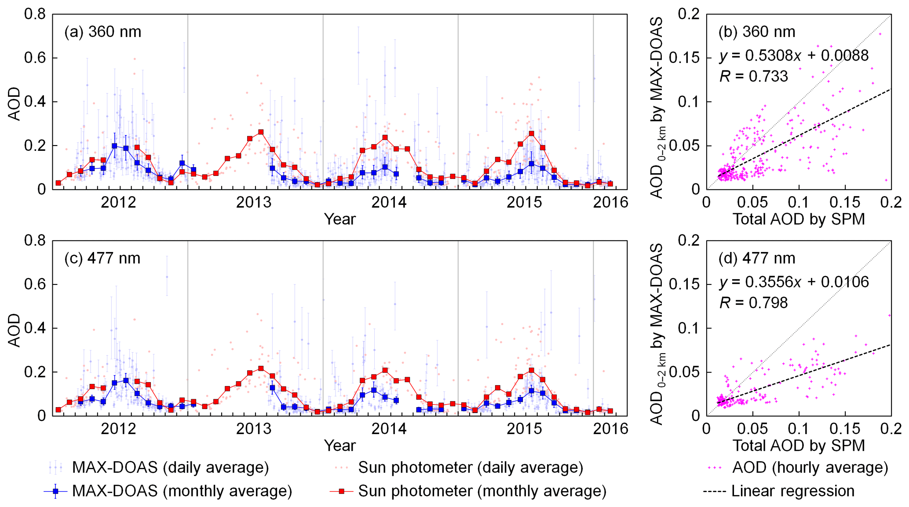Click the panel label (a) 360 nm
coord(103,32)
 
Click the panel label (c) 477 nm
coord(102,259)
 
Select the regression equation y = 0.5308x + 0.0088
coord(794,56)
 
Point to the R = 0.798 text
coord(753,303)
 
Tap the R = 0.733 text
coord(753,77)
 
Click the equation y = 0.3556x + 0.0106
coord(794,282)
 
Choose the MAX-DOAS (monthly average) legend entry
coord(182,491)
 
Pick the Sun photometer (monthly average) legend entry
coord(482,491)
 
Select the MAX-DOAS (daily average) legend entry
coord(170,467)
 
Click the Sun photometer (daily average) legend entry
coord(471,467)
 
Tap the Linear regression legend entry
coord(792,491)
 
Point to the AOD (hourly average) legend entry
coord(810,467)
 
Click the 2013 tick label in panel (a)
coord(254,202)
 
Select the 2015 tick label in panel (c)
coord(524,429)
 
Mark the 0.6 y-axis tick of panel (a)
coord(35,58)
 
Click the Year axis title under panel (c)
coord(340,445)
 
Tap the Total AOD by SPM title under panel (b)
coord(799,219)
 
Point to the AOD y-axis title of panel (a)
coord(15,104)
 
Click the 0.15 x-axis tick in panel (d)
coord(844,429)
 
